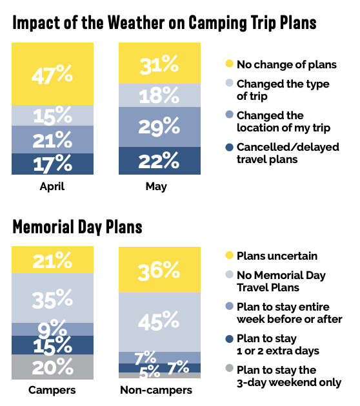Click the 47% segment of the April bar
click(52, 74)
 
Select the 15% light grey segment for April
click(52, 115)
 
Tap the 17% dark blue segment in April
click(52, 164)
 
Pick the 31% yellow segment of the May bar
click(159, 63)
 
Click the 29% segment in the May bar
click(159, 127)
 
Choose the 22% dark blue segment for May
click(159, 161)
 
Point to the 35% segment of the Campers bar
click(52, 298)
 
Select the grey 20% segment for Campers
click(52, 367)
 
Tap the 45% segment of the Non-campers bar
click(159, 322)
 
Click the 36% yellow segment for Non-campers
click(159, 270)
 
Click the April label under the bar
click(52, 187)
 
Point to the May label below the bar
click(156, 187)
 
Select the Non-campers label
click(156, 390)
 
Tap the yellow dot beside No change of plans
click(230, 63)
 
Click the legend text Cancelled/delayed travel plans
click(288, 153)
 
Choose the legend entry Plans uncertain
click(277, 256)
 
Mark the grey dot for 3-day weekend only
click(230, 368)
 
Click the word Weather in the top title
click(136, 23)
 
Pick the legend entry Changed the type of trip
click(283, 90)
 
